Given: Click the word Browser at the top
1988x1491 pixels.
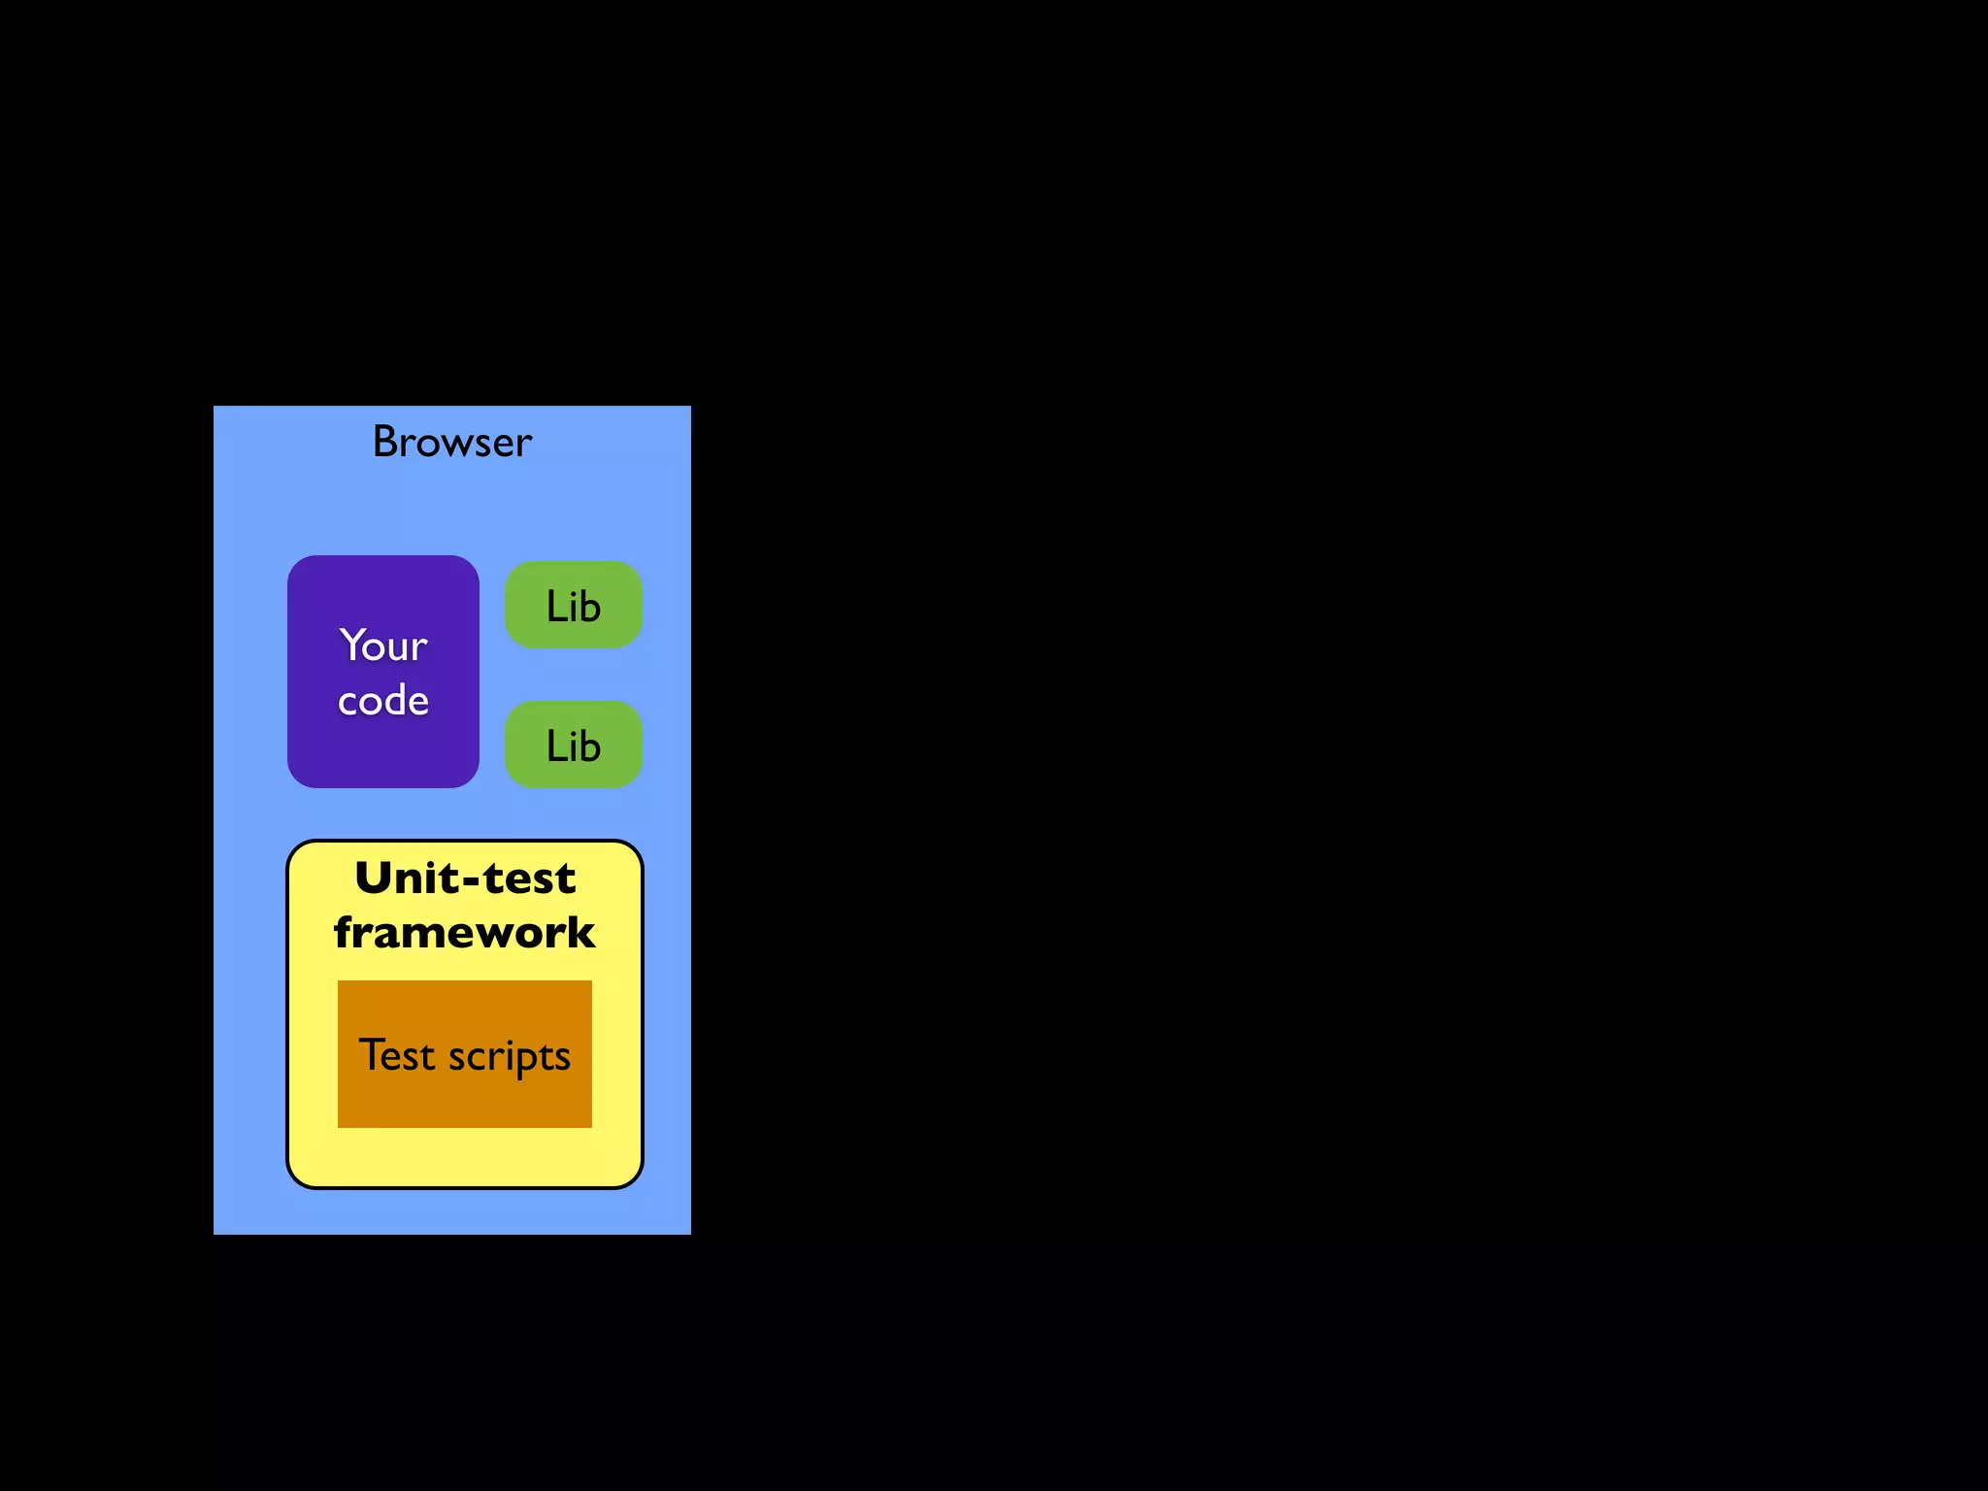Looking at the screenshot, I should point(452,443).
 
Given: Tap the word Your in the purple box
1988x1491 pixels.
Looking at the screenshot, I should point(382,646).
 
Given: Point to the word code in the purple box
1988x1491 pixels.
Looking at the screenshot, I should point(382,701).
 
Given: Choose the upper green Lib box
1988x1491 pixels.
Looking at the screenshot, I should point(573,605).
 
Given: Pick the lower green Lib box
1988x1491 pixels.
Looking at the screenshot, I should point(573,745).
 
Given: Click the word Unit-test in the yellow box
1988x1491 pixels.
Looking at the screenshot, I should point(465,878).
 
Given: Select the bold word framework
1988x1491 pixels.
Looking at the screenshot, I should point(464,933).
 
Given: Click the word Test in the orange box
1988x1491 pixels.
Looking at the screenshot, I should point(397,1055).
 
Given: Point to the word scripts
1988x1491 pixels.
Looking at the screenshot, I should point(510,1057).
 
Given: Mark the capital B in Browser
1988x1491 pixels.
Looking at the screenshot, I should point(385,443).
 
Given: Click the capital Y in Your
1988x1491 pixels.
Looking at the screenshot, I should point(351,645).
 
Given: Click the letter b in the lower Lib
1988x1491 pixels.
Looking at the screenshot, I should point(590,745).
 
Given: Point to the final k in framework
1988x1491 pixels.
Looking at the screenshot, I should point(580,933).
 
